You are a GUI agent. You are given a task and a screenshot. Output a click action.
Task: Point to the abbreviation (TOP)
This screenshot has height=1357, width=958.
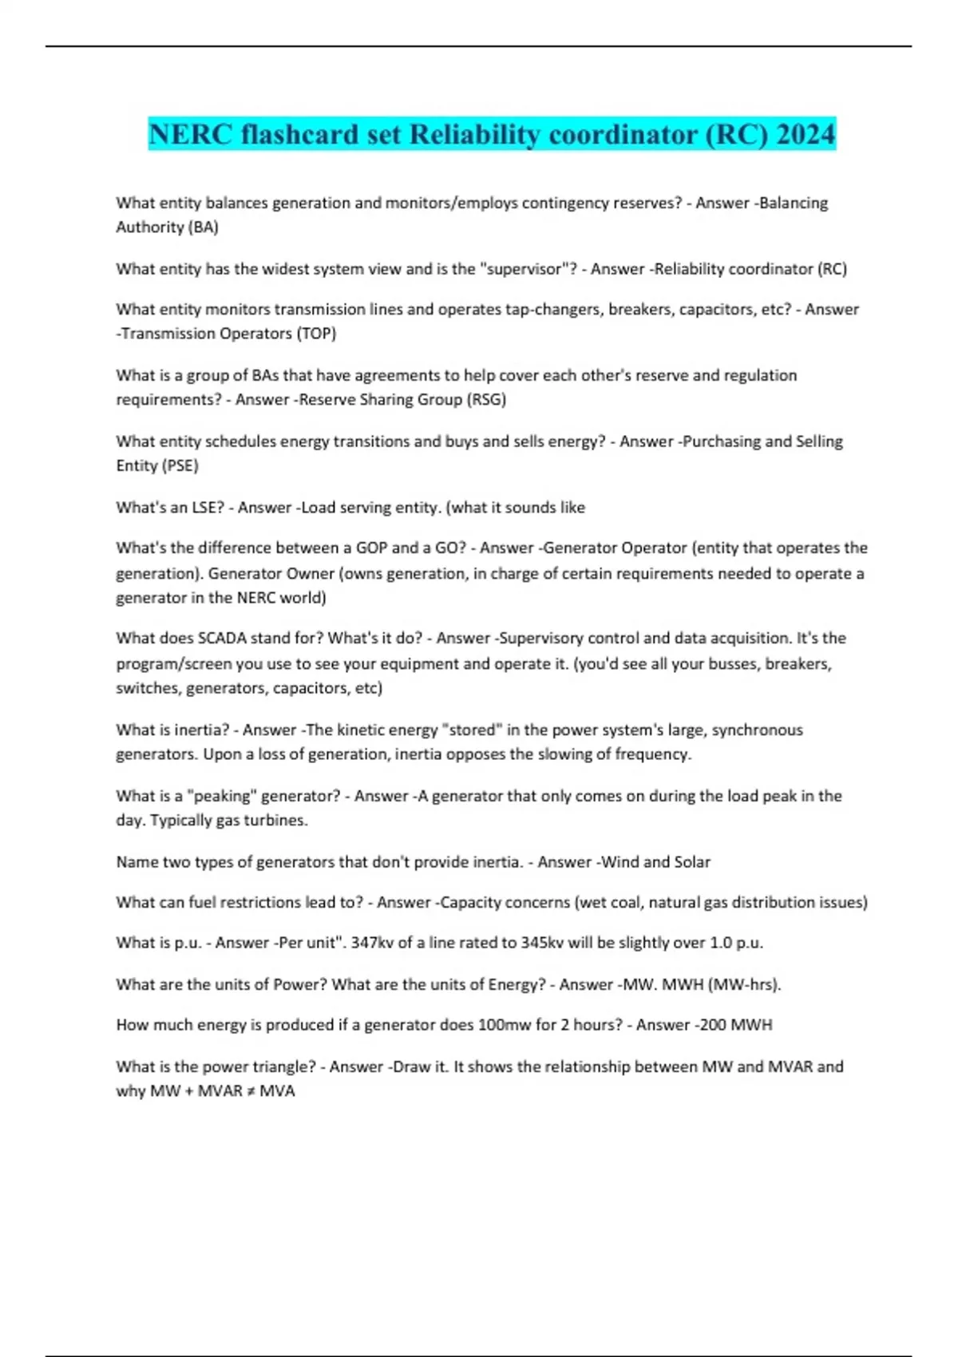316,334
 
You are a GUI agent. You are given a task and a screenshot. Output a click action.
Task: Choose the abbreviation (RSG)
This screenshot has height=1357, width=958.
486,400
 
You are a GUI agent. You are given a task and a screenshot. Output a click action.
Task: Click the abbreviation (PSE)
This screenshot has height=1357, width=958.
180,466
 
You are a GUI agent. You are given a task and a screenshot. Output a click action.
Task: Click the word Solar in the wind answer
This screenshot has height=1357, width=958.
692,862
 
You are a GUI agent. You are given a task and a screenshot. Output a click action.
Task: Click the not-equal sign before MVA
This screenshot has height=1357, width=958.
251,1091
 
